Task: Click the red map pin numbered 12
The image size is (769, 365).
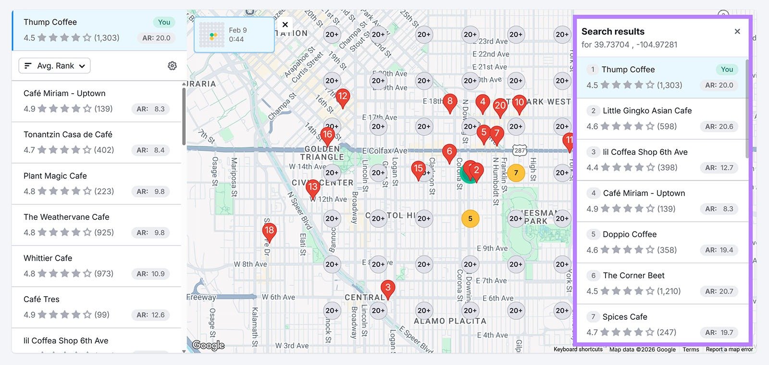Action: pyautogui.click(x=342, y=97)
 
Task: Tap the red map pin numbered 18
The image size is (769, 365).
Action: pyautogui.click(x=269, y=231)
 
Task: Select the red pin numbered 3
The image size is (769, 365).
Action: pyautogui.click(x=388, y=288)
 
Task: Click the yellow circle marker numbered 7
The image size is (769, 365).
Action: pyautogui.click(x=516, y=173)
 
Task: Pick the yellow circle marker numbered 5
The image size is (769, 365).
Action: pyautogui.click(x=470, y=219)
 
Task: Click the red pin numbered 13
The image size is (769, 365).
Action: pyautogui.click(x=313, y=187)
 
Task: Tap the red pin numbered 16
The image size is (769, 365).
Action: pyautogui.click(x=327, y=135)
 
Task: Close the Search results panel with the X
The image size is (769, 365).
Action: pyautogui.click(x=737, y=32)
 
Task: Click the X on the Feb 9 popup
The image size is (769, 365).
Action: pyautogui.click(x=285, y=25)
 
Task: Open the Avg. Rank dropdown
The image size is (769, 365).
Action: pyautogui.click(x=55, y=66)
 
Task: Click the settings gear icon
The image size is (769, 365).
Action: pyautogui.click(x=172, y=66)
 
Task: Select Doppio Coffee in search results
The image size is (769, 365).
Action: pyautogui.click(x=629, y=234)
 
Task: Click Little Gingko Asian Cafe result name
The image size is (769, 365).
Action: pyautogui.click(x=647, y=111)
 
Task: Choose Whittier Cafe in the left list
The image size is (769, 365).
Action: pyautogui.click(x=48, y=258)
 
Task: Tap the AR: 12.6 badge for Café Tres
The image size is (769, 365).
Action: pyautogui.click(x=150, y=315)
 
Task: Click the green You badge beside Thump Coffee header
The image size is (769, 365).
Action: pyautogui.click(x=164, y=22)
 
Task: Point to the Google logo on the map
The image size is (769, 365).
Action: pyautogui.click(x=208, y=345)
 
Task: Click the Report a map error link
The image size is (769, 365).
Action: pyautogui.click(x=729, y=350)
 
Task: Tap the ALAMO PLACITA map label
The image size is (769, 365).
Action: pyautogui.click(x=450, y=321)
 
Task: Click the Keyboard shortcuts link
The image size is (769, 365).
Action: pyautogui.click(x=578, y=350)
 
